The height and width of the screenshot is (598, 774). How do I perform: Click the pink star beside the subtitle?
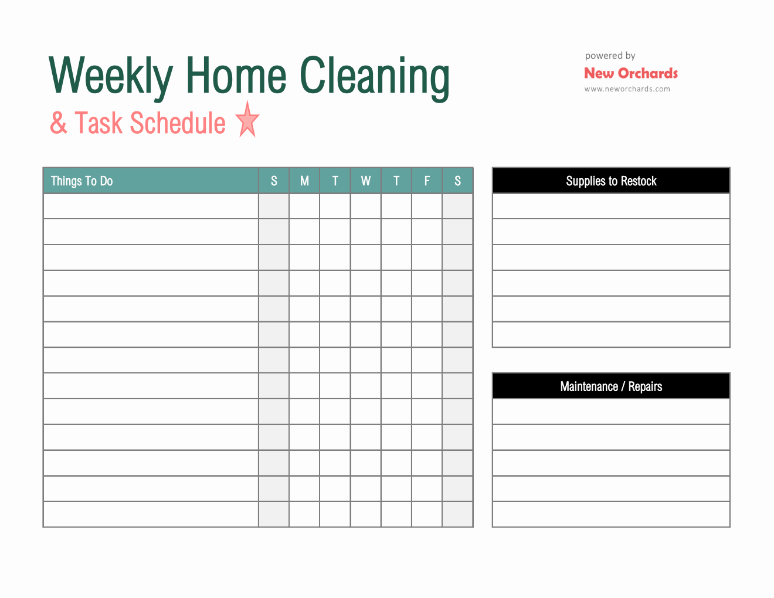[x=247, y=120]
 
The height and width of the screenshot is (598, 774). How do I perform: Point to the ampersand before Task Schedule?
[x=59, y=123]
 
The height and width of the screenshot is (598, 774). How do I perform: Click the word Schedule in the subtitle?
[x=178, y=123]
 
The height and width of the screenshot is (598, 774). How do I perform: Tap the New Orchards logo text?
[x=631, y=73]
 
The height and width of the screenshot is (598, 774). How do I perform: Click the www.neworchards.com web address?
[x=627, y=89]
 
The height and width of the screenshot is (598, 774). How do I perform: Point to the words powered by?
[x=610, y=56]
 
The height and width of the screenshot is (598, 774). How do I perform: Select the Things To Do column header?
[x=82, y=181]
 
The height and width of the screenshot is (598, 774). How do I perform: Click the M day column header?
[x=304, y=181]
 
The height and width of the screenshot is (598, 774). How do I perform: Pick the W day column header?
[x=365, y=181]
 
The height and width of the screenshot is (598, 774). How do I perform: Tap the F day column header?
[x=427, y=181]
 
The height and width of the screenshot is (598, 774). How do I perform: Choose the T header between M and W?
[x=335, y=181]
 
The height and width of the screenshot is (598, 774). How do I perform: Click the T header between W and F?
[x=396, y=181]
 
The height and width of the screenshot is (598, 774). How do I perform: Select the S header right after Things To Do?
[x=274, y=181]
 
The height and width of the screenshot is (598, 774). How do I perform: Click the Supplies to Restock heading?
[x=611, y=181]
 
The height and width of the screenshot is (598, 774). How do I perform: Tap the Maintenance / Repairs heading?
[x=611, y=386]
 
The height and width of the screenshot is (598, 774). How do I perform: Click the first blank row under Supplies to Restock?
[x=611, y=206]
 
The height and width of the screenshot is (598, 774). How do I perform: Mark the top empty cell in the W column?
[x=365, y=206]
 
